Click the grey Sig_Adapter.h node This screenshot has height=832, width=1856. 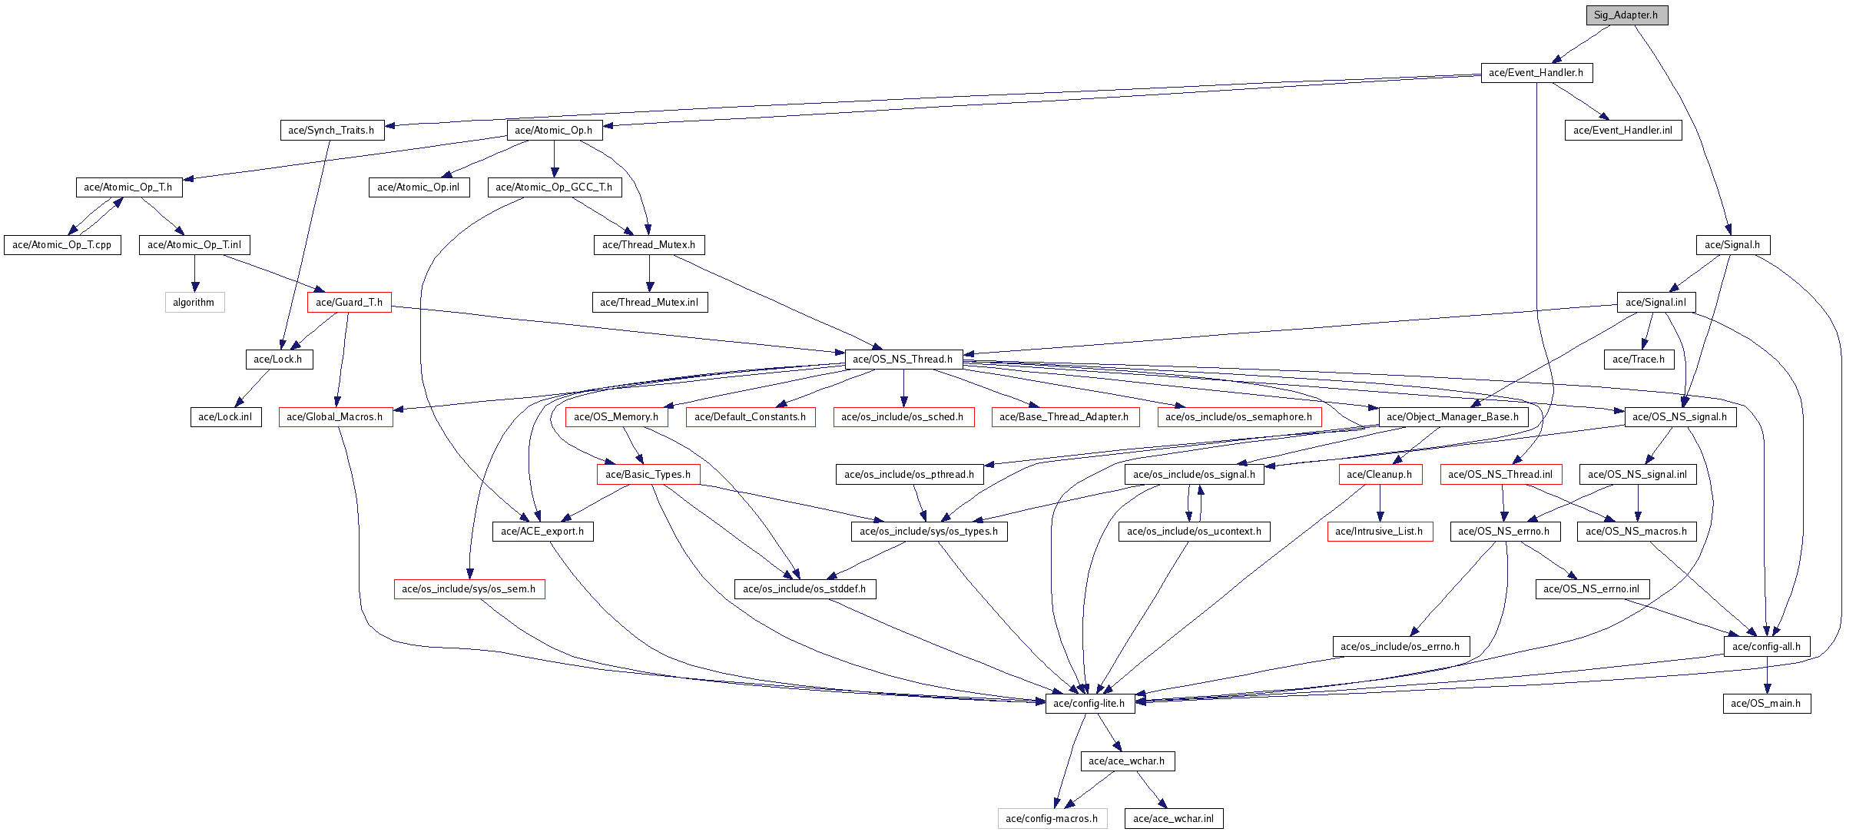[x=1626, y=15]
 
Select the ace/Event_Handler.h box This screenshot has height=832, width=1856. [x=1536, y=73]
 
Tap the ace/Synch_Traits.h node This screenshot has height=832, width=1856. [x=331, y=131]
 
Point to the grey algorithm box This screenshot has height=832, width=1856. [x=194, y=303]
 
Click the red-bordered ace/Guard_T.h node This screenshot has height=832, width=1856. [x=349, y=303]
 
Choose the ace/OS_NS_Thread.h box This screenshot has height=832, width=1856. [x=903, y=360]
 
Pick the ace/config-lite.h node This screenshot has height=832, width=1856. [x=1089, y=704]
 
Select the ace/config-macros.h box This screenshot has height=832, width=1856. [x=1052, y=819]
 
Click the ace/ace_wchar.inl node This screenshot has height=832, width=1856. [x=1173, y=819]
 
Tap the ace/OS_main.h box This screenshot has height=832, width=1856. [x=1766, y=704]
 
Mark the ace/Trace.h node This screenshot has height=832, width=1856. [x=1639, y=360]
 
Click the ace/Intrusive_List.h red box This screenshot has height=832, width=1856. [x=1379, y=532]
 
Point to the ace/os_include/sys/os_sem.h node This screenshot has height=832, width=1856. [x=469, y=589]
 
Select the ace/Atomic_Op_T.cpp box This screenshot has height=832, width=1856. [x=62, y=245]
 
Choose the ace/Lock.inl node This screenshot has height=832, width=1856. [x=225, y=417]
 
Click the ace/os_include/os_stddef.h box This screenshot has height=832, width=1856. [x=804, y=589]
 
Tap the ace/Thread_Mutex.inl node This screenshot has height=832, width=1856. [x=649, y=303]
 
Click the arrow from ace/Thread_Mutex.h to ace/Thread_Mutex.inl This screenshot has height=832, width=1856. [x=649, y=273]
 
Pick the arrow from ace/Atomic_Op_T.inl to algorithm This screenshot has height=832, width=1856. [x=194, y=273]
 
